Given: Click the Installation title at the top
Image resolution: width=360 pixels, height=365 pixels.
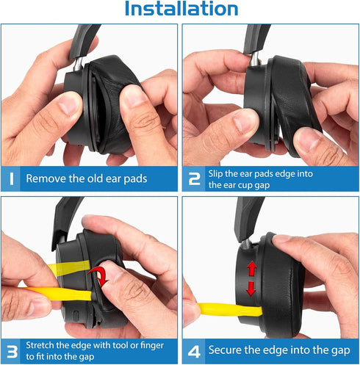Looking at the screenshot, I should click(x=181, y=10).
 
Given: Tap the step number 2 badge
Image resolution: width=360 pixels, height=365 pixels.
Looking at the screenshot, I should click(x=194, y=178).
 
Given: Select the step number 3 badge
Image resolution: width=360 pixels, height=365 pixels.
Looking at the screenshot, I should click(x=12, y=350).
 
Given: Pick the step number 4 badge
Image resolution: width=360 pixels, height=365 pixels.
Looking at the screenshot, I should click(x=194, y=350).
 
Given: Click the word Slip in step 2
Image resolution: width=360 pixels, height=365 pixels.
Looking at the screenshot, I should click(x=218, y=172).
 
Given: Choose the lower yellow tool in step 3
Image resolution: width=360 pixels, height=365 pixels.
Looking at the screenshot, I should click(x=59, y=294).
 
